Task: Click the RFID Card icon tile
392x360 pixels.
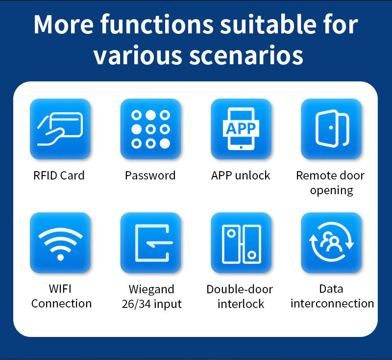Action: point(60,129)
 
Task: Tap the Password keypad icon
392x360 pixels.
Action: point(150,129)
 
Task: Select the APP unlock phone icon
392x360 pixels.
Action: point(241,129)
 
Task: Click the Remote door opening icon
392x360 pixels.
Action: point(331,129)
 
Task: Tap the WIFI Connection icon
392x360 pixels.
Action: point(60,243)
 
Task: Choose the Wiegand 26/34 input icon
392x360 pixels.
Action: point(150,243)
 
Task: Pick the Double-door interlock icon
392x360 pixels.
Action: point(241,243)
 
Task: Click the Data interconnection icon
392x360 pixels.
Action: point(331,243)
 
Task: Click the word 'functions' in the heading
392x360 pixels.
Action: point(157,24)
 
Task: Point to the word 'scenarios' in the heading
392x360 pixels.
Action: point(246,55)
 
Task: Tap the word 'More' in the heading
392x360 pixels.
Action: point(64,24)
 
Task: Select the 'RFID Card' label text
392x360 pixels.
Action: point(59,176)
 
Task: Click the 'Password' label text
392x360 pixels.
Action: point(150,176)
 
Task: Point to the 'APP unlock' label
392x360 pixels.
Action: point(241,176)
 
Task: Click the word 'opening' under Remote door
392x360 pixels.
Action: point(332,191)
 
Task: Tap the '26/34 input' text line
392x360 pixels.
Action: point(152,304)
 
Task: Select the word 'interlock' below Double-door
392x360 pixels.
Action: point(241,304)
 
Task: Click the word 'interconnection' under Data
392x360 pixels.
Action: point(332,304)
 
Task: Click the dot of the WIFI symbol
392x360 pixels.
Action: point(60,257)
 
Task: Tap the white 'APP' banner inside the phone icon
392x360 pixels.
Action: point(241,129)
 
